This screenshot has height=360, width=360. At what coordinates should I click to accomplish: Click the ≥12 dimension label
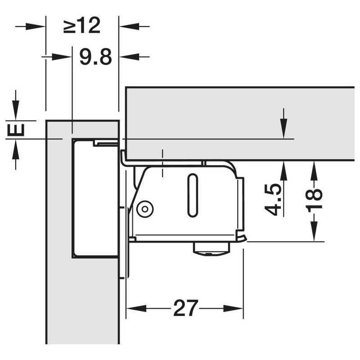(82, 26)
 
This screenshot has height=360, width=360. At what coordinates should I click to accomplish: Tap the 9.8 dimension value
(96, 57)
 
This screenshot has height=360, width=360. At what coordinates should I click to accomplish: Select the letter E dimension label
(16, 130)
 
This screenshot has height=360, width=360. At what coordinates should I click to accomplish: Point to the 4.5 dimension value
(273, 200)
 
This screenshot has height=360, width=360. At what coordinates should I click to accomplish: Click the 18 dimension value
(314, 198)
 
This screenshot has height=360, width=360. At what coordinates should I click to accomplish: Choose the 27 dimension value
(185, 308)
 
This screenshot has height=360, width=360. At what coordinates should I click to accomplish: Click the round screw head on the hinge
(145, 209)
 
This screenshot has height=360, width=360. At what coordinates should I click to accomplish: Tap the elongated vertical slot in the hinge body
(193, 195)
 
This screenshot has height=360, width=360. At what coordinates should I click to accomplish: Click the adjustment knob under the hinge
(211, 249)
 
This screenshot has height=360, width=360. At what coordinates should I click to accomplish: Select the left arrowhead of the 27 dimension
(136, 308)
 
